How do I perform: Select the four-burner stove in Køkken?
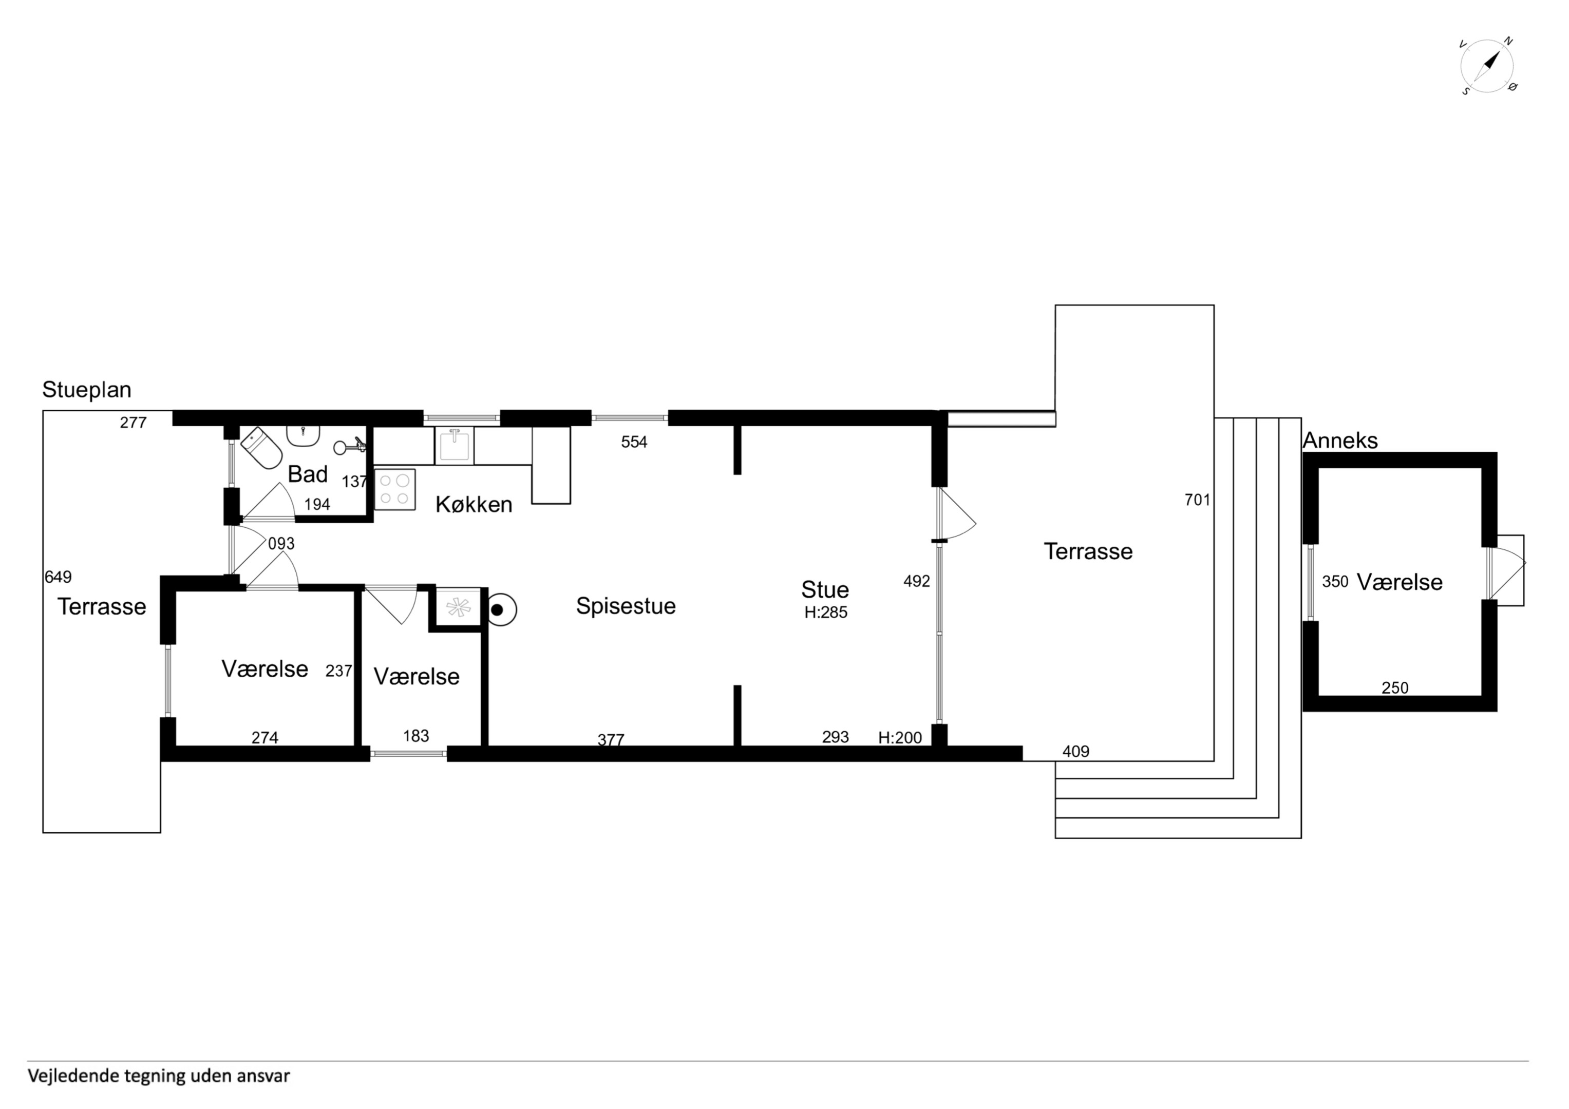[395, 489]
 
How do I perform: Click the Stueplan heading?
[87, 390]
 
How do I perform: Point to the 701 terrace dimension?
[1197, 500]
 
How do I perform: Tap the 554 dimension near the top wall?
[634, 442]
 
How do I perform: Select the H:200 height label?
[900, 737]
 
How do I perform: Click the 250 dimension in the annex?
[1395, 688]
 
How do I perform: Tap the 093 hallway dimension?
[281, 543]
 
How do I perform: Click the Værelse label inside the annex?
[1400, 582]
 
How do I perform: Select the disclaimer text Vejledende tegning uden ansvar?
[159, 1076]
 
